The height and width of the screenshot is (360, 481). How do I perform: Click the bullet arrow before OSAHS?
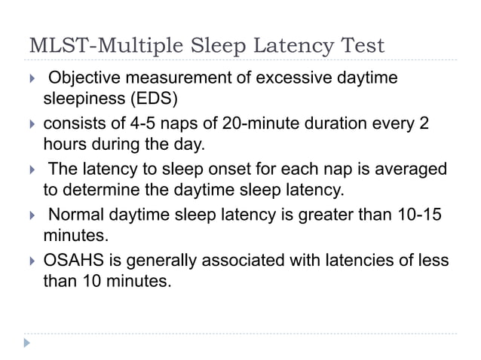tap(31, 261)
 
